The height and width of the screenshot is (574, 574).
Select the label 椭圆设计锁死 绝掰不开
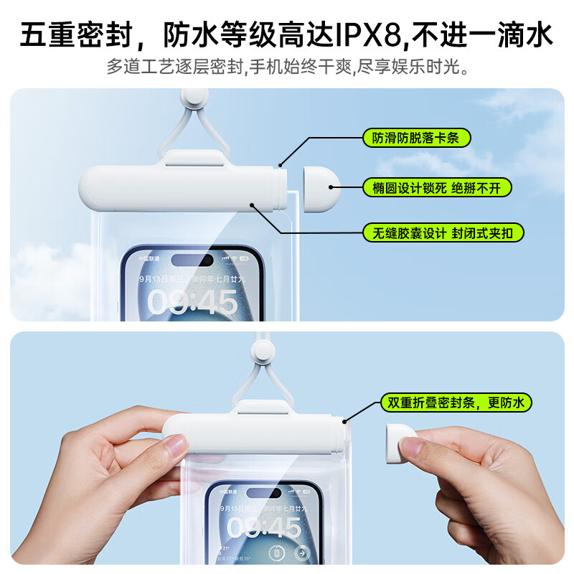pyautogui.click(x=436, y=188)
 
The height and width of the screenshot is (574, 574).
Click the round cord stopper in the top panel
pyautogui.click(x=194, y=99)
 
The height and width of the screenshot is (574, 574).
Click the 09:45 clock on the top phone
pyautogui.click(x=192, y=302)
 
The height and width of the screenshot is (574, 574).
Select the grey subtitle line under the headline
pyautogui.click(x=287, y=69)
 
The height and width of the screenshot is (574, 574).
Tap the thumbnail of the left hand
pyautogui.click(x=174, y=450)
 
